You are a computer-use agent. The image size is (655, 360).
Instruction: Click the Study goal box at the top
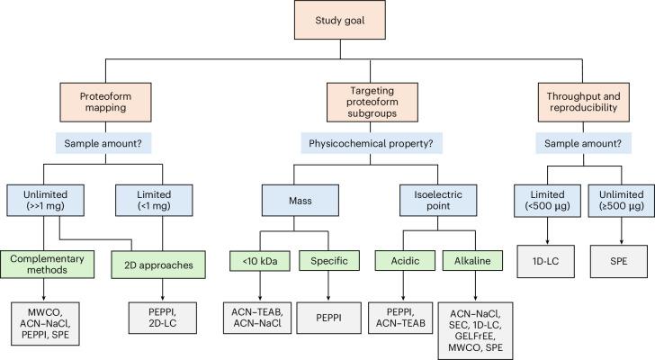pyautogui.click(x=327, y=24)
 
